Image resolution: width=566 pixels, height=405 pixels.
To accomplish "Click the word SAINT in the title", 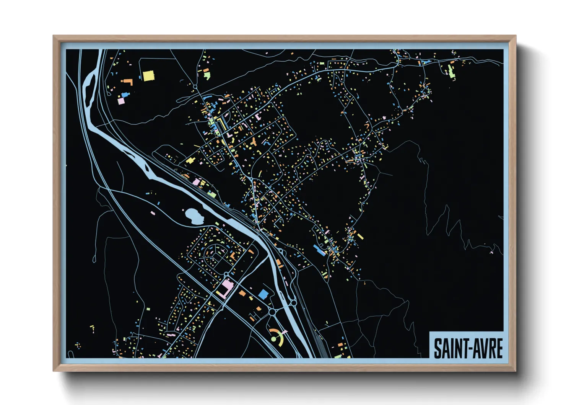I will click(x=447, y=348).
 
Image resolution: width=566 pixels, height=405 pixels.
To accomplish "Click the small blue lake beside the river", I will click(x=194, y=217).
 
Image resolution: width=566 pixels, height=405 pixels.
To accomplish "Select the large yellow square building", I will click(x=148, y=76).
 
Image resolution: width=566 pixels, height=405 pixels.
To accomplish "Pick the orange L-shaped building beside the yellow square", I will click(x=127, y=82).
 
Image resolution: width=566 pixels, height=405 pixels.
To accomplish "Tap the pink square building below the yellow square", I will click(x=121, y=101).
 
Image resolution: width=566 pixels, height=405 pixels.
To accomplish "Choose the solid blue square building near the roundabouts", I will click(x=263, y=294).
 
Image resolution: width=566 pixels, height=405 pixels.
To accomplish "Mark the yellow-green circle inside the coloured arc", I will click(x=274, y=339).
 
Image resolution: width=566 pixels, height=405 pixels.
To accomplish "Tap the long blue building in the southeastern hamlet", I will click(x=319, y=250).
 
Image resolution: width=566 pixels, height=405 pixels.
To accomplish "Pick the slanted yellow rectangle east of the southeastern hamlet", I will click(x=360, y=236).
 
